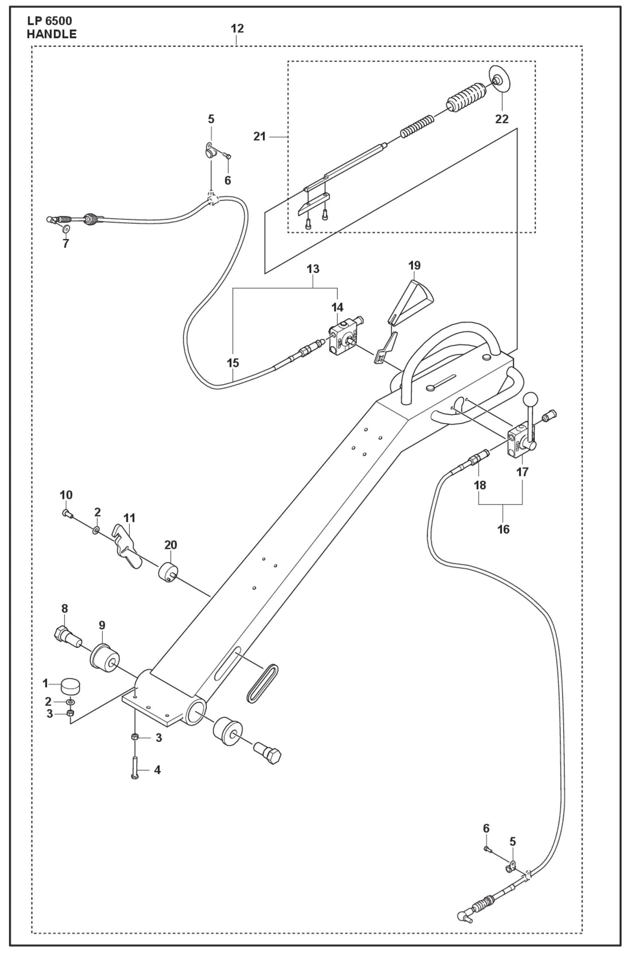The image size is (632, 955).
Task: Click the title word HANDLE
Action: [x=52, y=34]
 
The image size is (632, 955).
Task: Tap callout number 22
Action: [x=502, y=119]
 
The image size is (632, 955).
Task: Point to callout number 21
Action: [x=259, y=136]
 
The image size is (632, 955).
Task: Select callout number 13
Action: [x=313, y=269]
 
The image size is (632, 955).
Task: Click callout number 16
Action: [x=503, y=529]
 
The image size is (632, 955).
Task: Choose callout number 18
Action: [x=480, y=485]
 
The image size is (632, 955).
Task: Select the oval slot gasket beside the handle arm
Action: [x=262, y=690]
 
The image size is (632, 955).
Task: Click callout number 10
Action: [x=66, y=495]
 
